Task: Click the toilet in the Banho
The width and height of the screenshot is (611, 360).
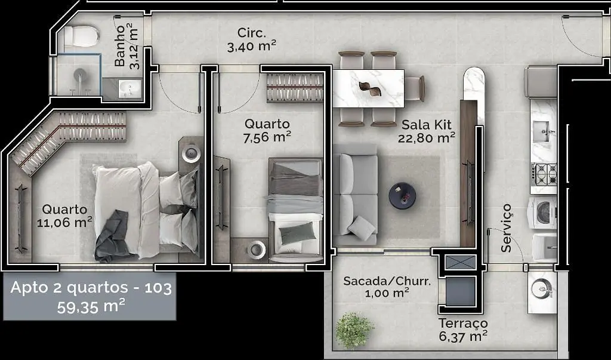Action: click(81, 36)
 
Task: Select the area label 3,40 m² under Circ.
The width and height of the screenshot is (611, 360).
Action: click(252, 46)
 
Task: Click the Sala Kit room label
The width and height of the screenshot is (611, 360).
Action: click(427, 125)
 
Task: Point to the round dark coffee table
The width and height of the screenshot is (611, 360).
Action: click(402, 195)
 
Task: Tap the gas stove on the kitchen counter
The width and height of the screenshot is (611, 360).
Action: click(544, 174)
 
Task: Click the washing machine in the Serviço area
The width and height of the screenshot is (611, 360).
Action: click(542, 213)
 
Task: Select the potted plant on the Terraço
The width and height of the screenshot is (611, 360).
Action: click(354, 330)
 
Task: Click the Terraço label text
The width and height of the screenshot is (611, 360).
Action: click(463, 324)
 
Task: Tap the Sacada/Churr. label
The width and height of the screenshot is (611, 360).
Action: click(387, 281)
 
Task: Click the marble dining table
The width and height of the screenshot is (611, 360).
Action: click(368, 88)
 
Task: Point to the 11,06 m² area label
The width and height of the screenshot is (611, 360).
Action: click(64, 222)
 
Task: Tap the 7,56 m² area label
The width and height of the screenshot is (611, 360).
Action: click(267, 137)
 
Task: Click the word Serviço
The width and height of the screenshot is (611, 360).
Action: click(506, 228)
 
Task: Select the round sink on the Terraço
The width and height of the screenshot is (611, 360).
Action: click(542, 289)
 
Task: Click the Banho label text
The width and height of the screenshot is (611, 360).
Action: click(121, 45)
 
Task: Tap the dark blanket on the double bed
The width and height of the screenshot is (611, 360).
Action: click(112, 236)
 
